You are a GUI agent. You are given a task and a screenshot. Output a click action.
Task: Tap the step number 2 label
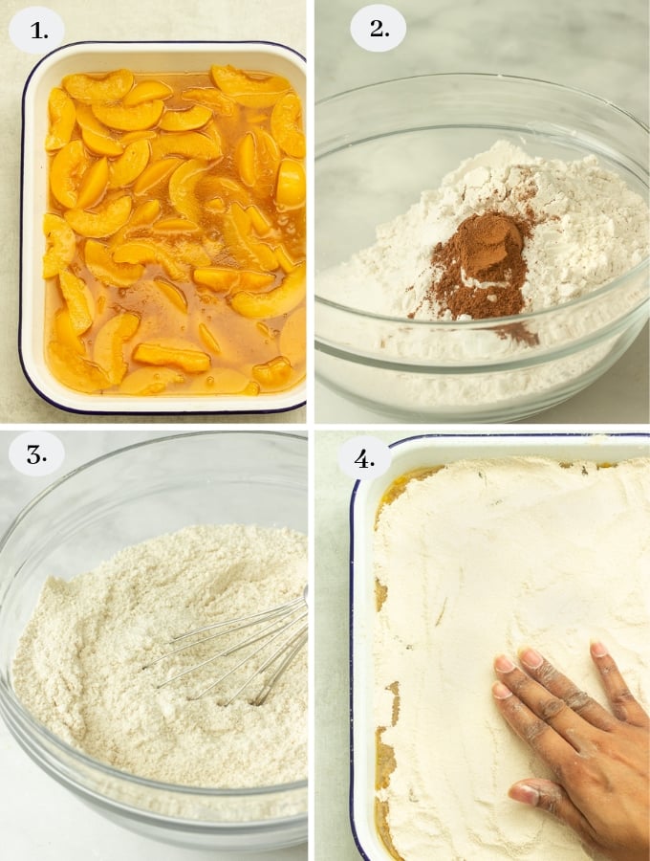(x=378, y=29)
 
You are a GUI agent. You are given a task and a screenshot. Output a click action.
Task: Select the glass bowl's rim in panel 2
(x=478, y=77)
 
